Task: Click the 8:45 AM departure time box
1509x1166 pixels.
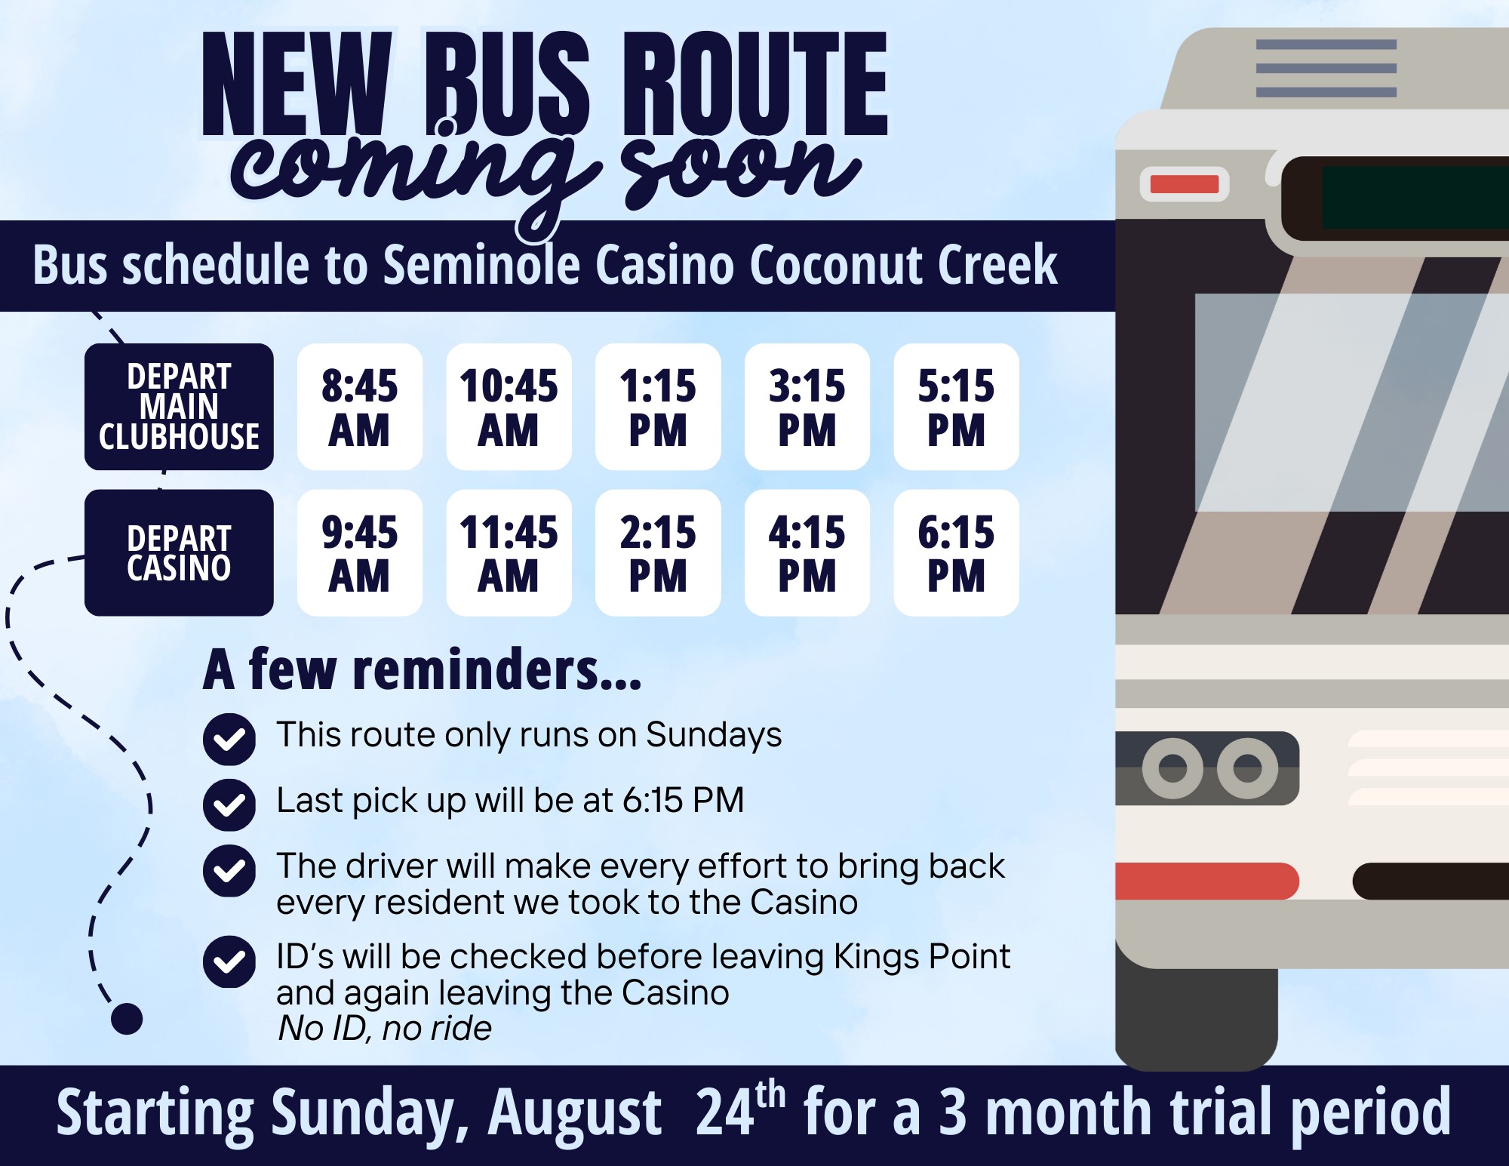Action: tap(360, 407)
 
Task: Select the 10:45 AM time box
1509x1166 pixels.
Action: tap(509, 407)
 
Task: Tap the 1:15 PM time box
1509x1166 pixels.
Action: tap(658, 407)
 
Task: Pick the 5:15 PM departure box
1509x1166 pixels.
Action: tap(957, 407)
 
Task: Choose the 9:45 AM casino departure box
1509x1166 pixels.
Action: tap(360, 552)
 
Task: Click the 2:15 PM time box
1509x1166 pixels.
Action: tap(658, 552)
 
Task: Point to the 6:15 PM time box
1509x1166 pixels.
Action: tap(957, 552)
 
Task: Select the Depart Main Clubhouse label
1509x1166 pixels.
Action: tap(179, 407)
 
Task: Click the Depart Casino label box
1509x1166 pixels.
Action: tap(179, 552)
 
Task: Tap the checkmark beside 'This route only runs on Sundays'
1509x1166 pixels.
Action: tap(229, 739)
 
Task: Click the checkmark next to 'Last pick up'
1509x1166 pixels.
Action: tap(229, 805)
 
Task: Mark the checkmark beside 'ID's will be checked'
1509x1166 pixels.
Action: tap(229, 961)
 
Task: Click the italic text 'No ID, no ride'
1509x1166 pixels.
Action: tap(385, 1028)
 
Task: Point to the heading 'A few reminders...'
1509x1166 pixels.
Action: tap(423, 669)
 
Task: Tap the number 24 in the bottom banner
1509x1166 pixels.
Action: tap(725, 1112)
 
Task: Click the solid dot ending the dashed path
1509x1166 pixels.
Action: tap(127, 1019)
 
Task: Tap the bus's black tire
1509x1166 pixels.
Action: tap(1197, 1019)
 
